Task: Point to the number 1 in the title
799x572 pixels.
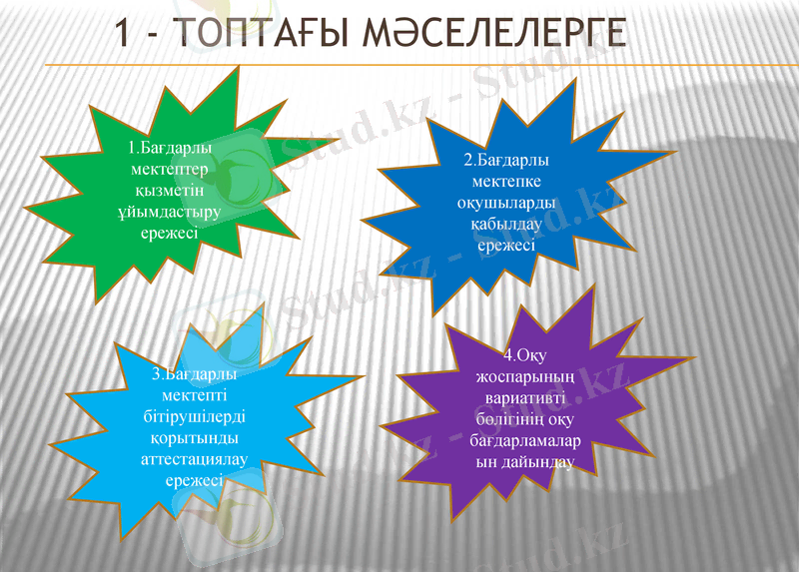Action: (122, 32)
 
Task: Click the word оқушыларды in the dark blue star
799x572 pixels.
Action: (506, 203)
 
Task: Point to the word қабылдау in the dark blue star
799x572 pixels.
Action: (506, 225)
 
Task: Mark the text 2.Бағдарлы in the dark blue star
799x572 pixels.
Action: (506, 160)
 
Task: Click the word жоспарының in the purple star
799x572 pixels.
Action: (524, 376)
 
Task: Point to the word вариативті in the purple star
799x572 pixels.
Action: (524, 397)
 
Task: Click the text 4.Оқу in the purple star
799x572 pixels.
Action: (524, 354)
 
